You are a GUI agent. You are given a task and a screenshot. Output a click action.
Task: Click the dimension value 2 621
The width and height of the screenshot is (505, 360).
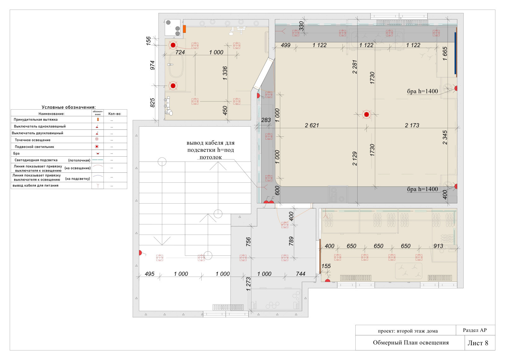pyautogui.click(x=312, y=125)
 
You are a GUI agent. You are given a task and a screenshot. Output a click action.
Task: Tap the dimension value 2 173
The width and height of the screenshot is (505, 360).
pyautogui.click(x=412, y=125)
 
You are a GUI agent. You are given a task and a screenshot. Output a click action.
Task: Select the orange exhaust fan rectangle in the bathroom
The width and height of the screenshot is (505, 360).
pyautogui.click(x=184, y=29)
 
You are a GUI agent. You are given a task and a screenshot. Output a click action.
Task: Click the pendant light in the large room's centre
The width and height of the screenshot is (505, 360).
pyautogui.click(x=366, y=115)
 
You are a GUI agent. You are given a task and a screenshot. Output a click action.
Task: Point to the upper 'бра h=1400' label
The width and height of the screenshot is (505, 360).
pyautogui.click(x=422, y=91)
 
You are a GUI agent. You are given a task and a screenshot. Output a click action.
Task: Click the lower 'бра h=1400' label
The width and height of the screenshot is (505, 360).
pyautogui.click(x=422, y=189)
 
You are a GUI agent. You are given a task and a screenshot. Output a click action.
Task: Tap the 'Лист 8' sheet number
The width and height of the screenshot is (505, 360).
pyautogui.click(x=478, y=343)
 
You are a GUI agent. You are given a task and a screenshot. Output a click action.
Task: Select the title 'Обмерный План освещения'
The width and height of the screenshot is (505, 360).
pyautogui.click(x=411, y=343)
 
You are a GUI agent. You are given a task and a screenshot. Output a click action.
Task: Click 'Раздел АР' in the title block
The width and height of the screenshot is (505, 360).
pyautogui.click(x=475, y=330)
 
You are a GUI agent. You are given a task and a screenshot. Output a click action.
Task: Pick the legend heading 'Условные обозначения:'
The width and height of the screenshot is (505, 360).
pyautogui.click(x=69, y=107)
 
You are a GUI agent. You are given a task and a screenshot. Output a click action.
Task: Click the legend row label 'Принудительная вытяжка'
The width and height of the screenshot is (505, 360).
pyautogui.click(x=36, y=120)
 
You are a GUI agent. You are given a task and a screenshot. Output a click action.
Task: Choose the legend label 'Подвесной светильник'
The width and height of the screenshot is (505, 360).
pyautogui.click(x=34, y=147)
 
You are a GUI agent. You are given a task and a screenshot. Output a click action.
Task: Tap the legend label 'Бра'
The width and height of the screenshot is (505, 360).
pyautogui.click(x=16, y=153)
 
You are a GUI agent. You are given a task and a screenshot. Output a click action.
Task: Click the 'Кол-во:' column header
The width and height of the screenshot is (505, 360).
pyautogui.click(x=115, y=114)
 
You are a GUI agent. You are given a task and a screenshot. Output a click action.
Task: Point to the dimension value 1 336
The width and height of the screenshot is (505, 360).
pyautogui.click(x=225, y=73)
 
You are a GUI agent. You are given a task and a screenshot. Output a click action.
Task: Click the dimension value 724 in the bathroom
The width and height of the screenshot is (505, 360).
pyautogui.click(x=180, y=52)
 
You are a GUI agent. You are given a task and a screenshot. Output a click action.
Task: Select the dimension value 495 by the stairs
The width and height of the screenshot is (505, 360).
pyautogui.click(x=150, y=274)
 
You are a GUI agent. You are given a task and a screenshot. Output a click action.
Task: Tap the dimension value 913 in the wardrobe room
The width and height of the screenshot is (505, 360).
pyautogui.click(x=438, y=246)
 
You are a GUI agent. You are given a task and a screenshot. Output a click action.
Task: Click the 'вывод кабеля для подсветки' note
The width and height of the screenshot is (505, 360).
pyautogui.click(x=211, y=150)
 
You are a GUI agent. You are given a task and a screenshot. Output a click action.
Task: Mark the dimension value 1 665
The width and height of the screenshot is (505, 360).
pyautogui.click(x=445, y=54)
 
